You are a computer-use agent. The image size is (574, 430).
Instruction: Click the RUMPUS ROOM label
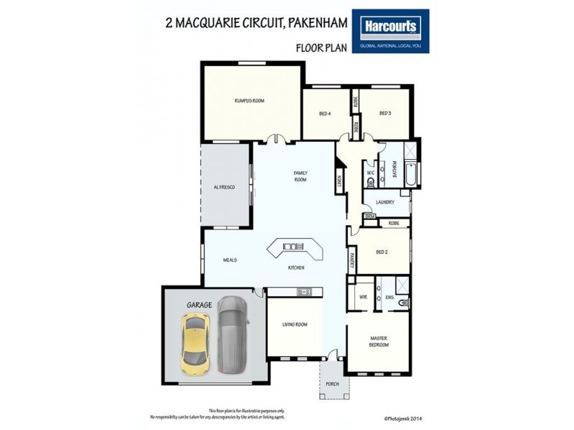tap(249, 101)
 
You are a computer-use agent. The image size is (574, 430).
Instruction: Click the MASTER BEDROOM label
tap(379, 342)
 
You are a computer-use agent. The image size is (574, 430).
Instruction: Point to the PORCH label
tap(332, 383)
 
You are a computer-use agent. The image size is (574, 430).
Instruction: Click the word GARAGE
tap(199, 305)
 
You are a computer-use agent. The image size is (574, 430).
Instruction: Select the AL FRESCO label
tap(224, 187)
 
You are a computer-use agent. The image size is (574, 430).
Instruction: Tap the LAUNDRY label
tap(385, 202)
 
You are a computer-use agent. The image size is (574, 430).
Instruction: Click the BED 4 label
tap(324, 113)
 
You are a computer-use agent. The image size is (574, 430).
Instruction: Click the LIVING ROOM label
tap(294, 325)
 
